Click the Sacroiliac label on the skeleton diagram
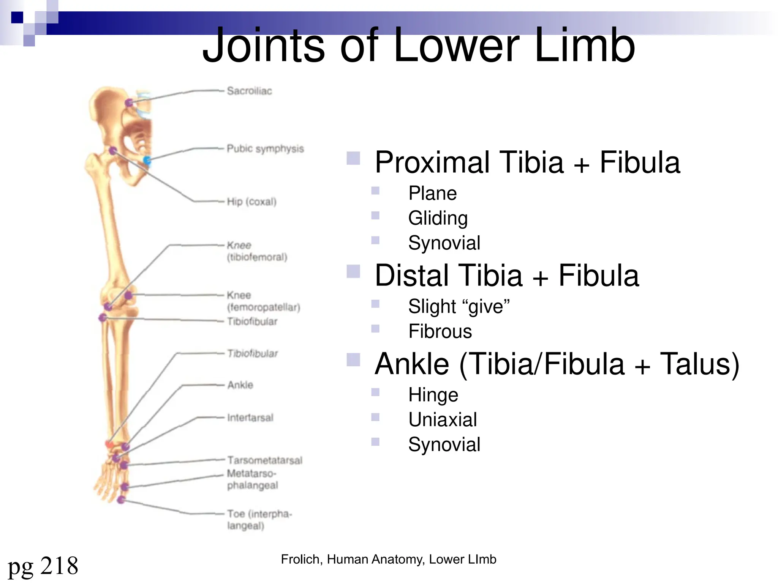(x=249, y=91)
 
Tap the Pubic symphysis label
(x=265, y=148)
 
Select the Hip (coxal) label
(x=251, y=202)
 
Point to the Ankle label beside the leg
(x=240, y=385)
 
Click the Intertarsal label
(x=250, y=418)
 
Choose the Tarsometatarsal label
(x=265, y=460)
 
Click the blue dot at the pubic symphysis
(x=147, y=161)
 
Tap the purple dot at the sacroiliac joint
(x=129, y=103)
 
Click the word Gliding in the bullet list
(x=438, y=219)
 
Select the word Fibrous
(x=440, y=331)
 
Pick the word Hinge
(x=433, y=395)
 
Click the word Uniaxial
(x=443, y=420)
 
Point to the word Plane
(x=432, y=194)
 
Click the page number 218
(x=59, y=566)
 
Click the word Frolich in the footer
(x=302, y=559)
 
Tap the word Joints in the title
(x=264, y=46)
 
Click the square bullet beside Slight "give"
(x=375, y=304)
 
